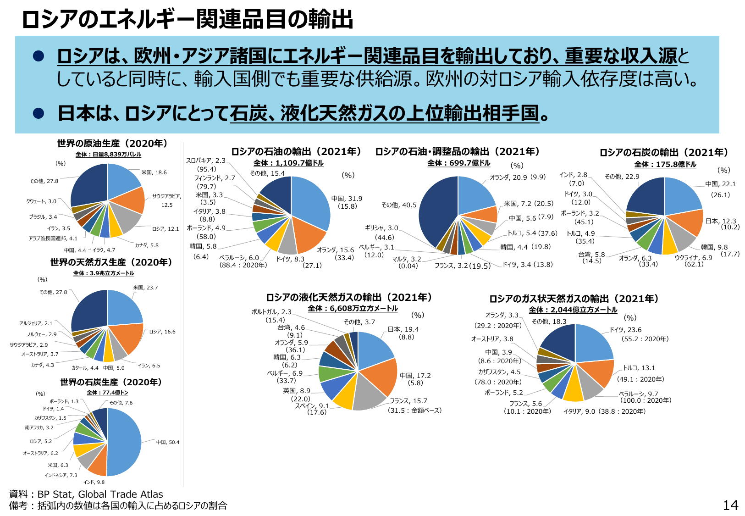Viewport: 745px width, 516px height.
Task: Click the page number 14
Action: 730,505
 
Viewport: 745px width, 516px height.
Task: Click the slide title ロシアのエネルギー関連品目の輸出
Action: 188,19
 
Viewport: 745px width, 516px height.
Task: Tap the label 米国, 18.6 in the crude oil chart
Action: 154,172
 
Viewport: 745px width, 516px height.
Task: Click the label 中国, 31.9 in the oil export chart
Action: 347,199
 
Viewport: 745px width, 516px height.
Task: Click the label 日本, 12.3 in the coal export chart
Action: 720,221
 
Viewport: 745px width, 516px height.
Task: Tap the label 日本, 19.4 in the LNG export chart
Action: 403,329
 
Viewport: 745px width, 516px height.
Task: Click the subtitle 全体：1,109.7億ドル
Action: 288,163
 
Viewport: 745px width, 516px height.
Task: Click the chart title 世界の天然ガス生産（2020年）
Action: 111,262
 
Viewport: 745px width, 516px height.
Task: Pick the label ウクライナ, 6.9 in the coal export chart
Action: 693,258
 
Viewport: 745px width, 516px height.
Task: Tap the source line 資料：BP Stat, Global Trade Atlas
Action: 86,494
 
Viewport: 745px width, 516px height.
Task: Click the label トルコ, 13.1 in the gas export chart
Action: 639,368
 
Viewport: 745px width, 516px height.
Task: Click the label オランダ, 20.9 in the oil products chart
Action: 508,177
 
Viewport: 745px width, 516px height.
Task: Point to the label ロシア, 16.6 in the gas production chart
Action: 162,332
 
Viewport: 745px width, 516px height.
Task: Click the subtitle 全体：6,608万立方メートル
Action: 353,309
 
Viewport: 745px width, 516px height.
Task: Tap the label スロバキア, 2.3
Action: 205,161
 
